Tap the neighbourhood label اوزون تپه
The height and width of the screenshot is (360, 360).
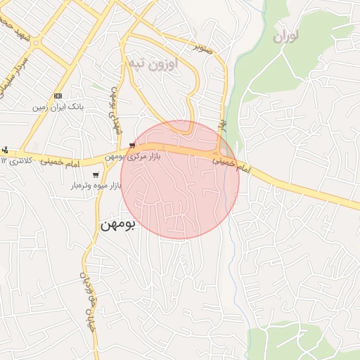[153, 63]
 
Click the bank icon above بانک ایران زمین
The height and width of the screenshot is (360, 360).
[58, 96]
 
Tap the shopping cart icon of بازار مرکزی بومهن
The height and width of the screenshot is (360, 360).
[132, 146]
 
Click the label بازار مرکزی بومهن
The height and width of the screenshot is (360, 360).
[134, 156]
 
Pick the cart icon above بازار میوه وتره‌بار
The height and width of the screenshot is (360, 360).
[96, 175]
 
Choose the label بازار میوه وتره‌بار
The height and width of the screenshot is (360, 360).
[96, 186]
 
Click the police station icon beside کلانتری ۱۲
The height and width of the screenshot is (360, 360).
[5, 150]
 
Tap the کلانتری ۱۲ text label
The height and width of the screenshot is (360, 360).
[14, 161]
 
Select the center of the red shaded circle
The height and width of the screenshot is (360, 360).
[180, 180]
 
